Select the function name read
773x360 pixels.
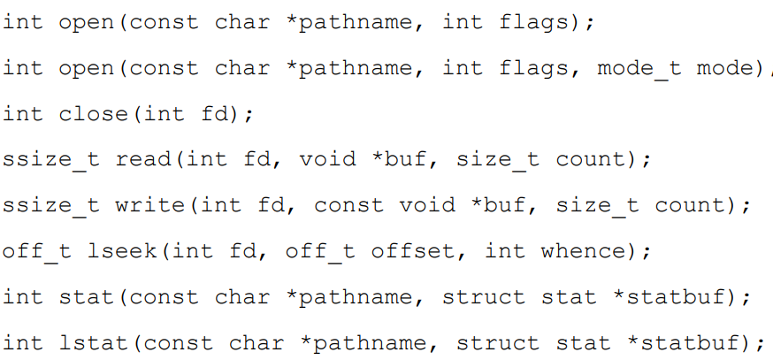click(144, 159)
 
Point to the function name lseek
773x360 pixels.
click(123, 251)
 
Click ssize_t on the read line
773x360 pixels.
click(50, 159)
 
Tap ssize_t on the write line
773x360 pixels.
click(50, 205)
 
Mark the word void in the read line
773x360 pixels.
click(328, 159)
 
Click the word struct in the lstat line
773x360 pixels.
click(498, 342)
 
